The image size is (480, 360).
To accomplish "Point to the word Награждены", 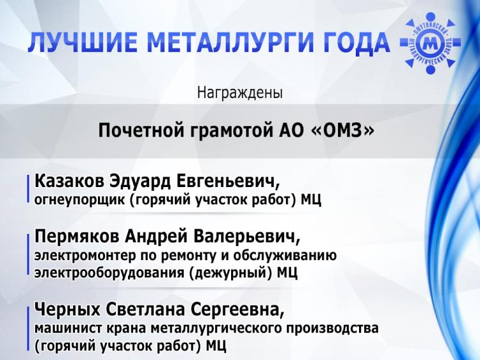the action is click(x=240, y=92).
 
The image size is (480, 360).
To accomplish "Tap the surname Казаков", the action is click(x=69, y=181).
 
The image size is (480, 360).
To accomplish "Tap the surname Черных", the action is click(x=67, y=310).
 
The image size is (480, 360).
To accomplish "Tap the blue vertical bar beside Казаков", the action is click(x=29, y=190).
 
